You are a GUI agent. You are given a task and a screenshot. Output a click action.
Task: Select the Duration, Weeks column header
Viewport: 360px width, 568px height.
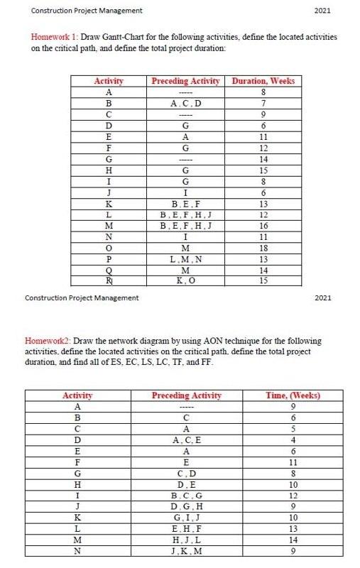click(263, 81)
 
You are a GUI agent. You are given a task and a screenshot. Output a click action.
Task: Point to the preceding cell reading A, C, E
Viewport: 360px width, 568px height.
click(187, 440)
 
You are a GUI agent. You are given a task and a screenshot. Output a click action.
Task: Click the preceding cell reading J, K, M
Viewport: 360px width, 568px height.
click(187, 552)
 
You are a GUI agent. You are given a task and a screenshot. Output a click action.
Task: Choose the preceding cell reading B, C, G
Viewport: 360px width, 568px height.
click(187, 496)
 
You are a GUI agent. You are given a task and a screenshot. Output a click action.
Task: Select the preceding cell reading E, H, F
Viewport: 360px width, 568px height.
click(187, 530)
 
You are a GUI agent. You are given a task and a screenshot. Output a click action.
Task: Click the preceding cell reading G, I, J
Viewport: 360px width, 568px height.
click(187, 518)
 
